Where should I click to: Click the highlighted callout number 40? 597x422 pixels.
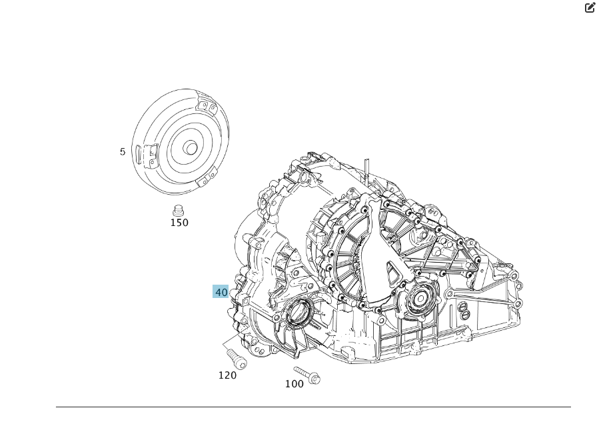221,292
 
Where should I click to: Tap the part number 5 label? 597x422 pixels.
123,152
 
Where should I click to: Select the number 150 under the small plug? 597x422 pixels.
179,223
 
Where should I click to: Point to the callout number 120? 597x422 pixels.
227,375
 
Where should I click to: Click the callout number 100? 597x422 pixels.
294,383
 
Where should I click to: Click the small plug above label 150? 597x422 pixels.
178,209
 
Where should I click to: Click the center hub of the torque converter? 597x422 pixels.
190,148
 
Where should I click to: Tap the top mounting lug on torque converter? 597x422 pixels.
208,106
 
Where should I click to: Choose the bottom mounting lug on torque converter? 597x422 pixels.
209,179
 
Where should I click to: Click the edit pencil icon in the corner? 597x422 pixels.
589,7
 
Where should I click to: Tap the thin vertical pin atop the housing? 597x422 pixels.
366,171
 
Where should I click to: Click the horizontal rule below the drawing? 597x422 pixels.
313,407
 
